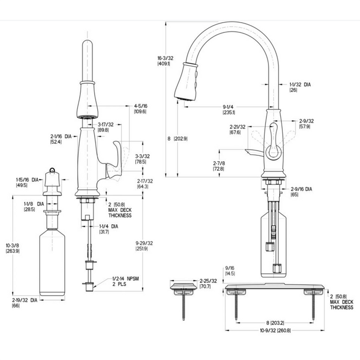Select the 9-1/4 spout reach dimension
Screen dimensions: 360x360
coord(229,110)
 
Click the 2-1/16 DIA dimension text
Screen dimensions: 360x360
coord(60,139)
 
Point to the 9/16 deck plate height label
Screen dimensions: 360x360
coord(230,271)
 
